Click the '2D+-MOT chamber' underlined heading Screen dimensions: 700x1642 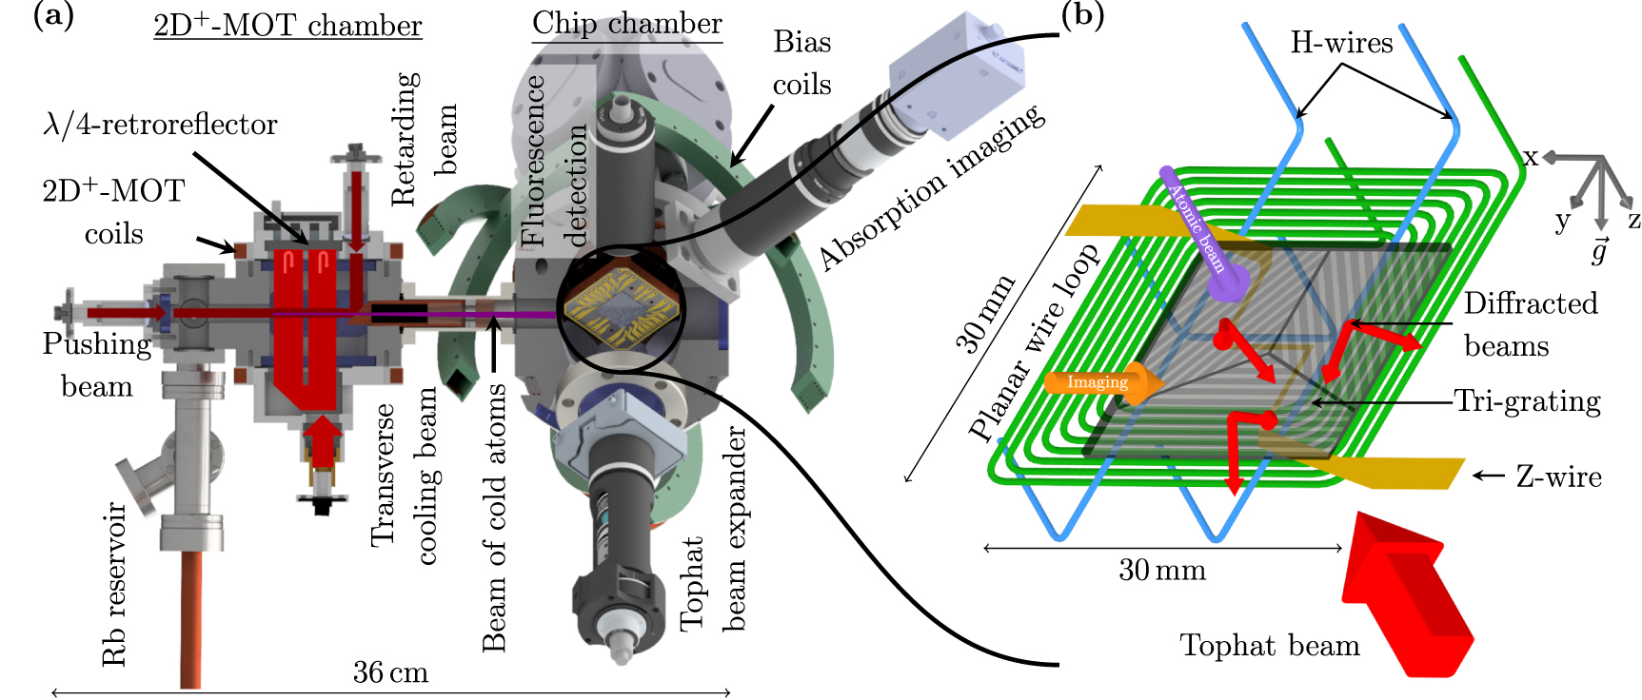[x=287, y=25]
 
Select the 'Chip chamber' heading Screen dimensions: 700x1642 [x=626, y=23]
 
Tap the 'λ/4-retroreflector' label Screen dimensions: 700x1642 [x=160, y=125]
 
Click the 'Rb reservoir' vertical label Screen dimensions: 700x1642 [x=114, y=583]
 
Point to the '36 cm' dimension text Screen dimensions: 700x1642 [x=390, y=672]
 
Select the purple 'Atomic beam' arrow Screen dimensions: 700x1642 [x=1200, y=233]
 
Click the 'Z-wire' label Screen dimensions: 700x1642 [x=1558, y=476]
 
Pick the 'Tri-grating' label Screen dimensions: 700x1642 [x=1528, y=401]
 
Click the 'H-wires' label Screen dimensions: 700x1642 [x=1341, y=43]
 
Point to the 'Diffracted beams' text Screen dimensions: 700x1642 [x=1529, y=324]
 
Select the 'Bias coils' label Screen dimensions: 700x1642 [x=801, y=63]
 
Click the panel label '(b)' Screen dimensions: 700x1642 [x=1082, y=16]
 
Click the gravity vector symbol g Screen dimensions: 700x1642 [x=1599, y=250]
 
